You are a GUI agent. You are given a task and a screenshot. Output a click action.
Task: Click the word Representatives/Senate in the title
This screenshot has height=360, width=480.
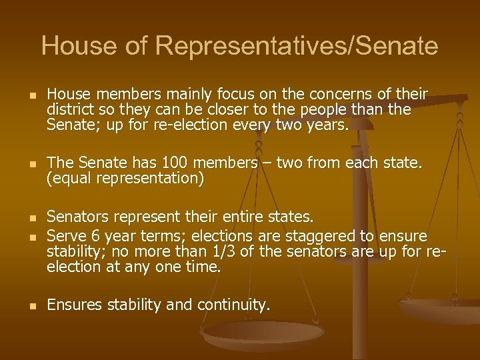pyautogui.click(x=297, y=47)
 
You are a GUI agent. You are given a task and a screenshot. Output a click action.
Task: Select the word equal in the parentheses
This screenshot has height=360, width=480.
pyautogui.click(x=71, y=179)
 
